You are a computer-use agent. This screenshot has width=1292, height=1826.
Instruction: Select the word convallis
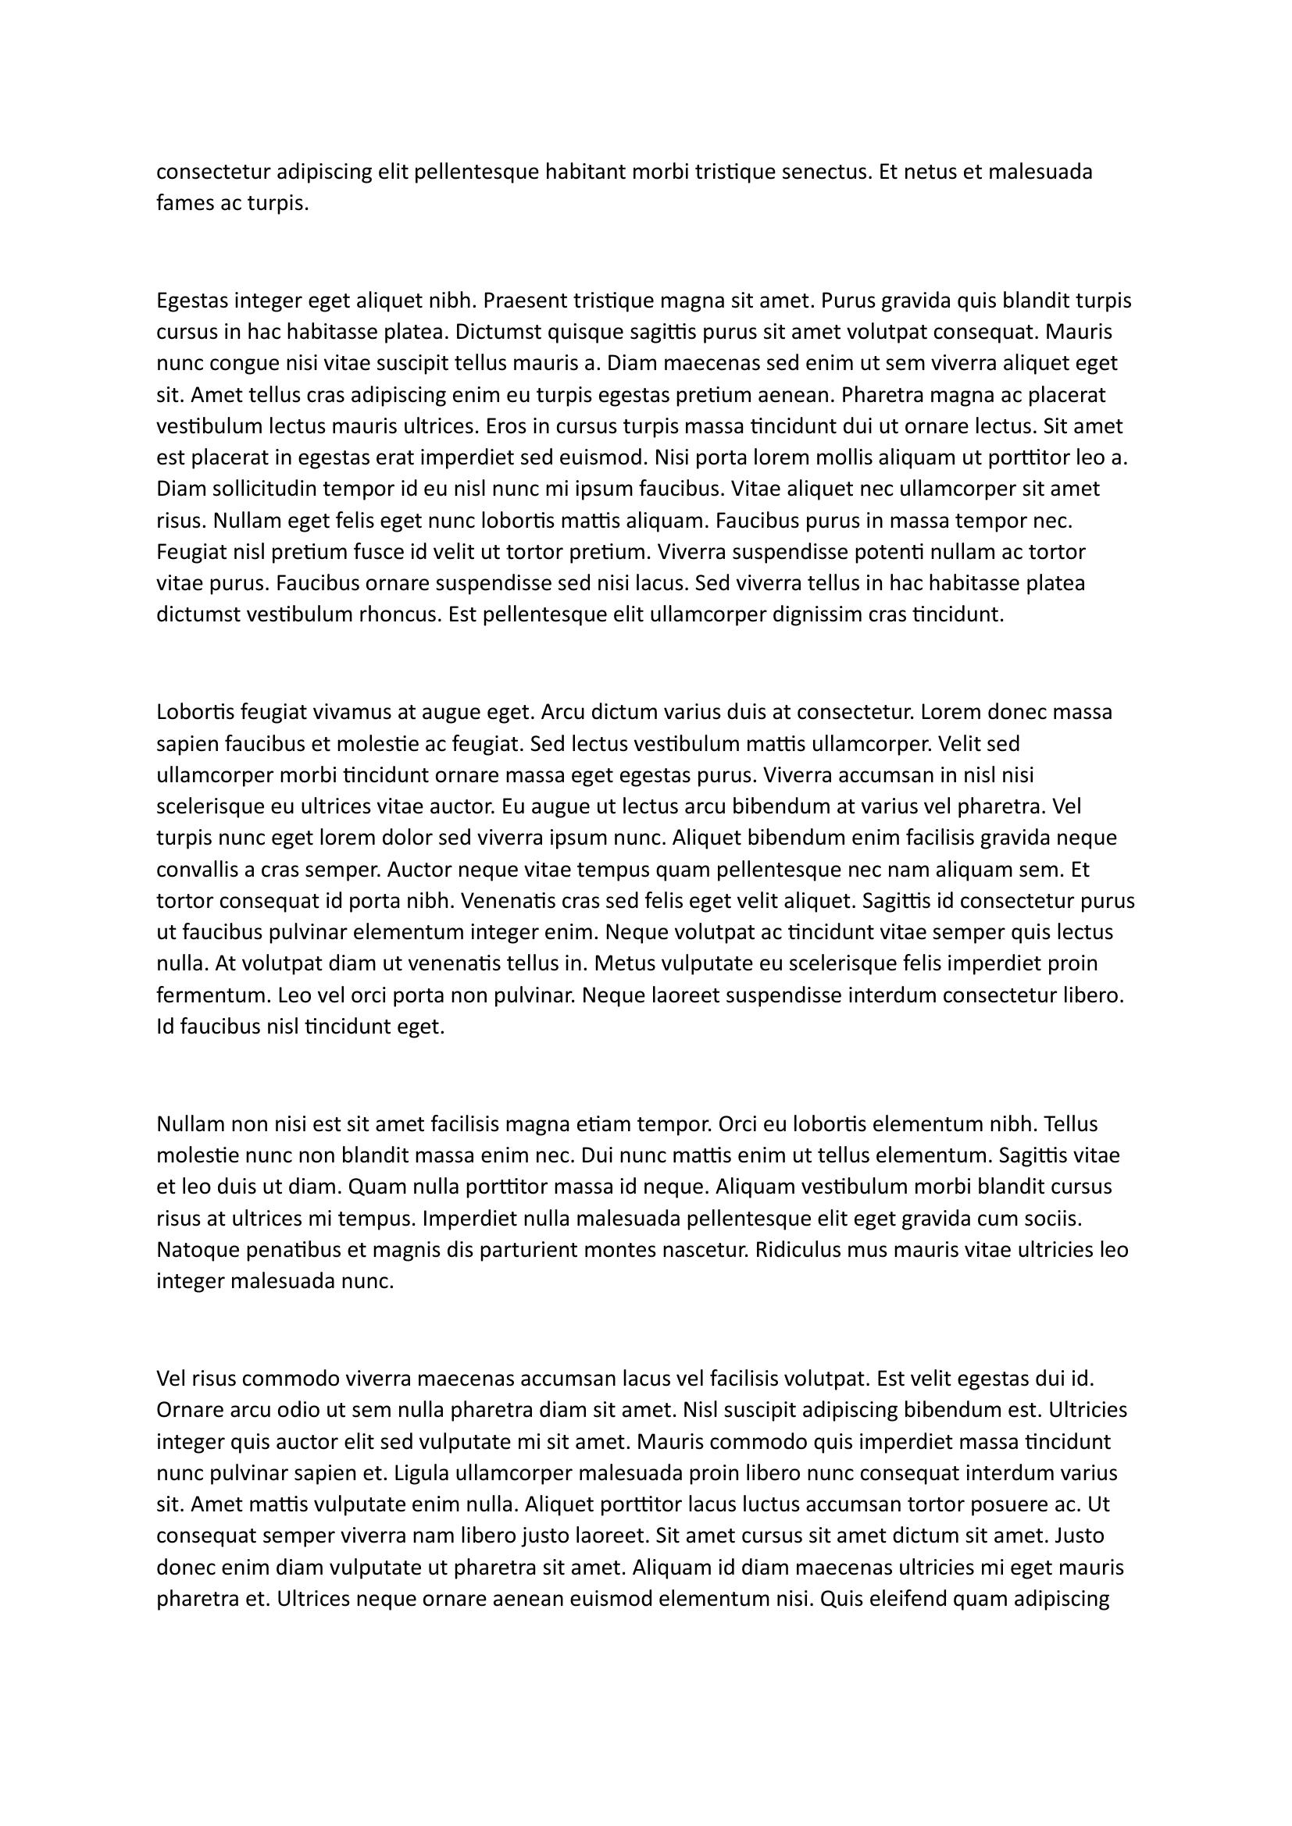coord(196,869)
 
